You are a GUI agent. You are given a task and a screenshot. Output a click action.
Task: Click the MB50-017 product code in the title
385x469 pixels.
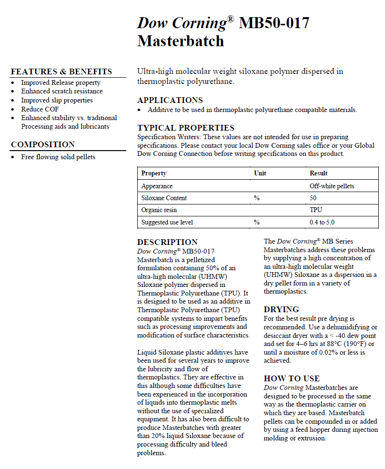pyautogui.click(x=274, y=23)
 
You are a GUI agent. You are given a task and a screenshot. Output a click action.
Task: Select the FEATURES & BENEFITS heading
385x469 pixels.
pyautogui.click(x=61, y=72)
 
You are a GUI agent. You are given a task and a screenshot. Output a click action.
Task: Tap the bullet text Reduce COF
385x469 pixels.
pyautogui.click(x=40, y=109)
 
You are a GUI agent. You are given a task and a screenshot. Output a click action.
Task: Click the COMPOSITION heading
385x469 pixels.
pyautogui.click(x=43, y=145)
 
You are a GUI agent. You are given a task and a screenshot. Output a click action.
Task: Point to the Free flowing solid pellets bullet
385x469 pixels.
pyautogui.click(x=58, y=157)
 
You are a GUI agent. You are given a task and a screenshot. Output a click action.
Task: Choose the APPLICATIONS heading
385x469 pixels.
pyautogui.click(x=170, y=100)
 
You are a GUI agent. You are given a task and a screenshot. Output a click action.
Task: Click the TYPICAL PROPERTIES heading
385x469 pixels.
pyautogui.click(x=186, y=128)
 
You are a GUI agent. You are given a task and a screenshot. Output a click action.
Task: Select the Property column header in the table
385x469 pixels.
pyautogui.click(x=154, y=173)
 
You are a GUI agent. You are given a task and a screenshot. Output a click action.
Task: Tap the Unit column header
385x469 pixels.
pyautogui.click(x=260, y=173)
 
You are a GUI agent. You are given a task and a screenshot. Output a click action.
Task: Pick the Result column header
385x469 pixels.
pyautogui.click(x=319, y=173)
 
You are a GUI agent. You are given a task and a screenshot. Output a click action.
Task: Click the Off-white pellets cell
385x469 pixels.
pyautogui.click(x=332, y=186)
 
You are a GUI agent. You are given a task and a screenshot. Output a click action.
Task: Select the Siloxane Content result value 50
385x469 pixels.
pyautogui.click(x=314, y=198)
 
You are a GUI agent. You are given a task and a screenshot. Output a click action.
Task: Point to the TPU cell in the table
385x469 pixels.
pyautogui.click(x=316, y=210)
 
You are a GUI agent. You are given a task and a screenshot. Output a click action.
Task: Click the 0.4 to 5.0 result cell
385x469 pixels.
pyautogui.click(x=323, y=223)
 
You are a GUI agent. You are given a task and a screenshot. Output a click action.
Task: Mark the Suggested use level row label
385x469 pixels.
pyautogui.click(x=167, y=223)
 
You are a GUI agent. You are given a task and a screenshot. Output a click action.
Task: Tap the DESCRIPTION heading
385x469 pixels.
pyautogui.click(x=167, y=242)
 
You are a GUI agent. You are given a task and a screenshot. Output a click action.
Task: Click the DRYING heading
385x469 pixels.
pyautogui.click(x=282, y=309)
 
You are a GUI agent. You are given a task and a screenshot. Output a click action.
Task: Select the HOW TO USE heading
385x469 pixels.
pyautogui.click(x=292, y=379)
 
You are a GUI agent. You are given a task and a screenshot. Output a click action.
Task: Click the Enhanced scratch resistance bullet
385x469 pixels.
pyautogui.click(x=62, y=92)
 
